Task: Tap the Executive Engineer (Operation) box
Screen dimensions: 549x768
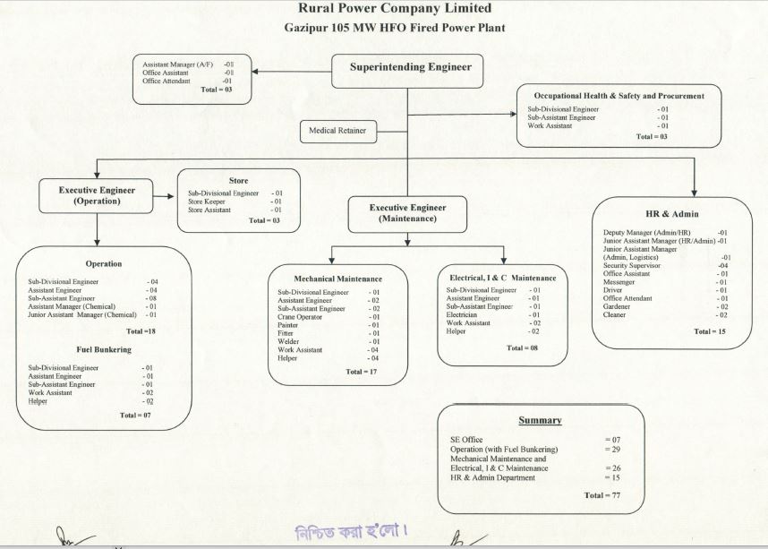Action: [96, 195]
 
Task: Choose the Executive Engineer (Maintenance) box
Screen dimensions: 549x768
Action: [407, 213]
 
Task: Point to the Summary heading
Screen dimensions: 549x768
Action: [540, 420]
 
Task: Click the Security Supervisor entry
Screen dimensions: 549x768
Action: [631, 265]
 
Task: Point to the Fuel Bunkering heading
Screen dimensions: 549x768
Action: [105, 348]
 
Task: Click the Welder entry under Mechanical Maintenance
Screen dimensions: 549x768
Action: [289, 341]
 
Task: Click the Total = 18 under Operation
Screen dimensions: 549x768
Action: [132, 331]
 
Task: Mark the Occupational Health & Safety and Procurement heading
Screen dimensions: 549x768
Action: [619, 95]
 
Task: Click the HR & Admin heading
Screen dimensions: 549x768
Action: [672, 214]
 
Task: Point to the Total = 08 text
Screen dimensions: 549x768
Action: [522, 347]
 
